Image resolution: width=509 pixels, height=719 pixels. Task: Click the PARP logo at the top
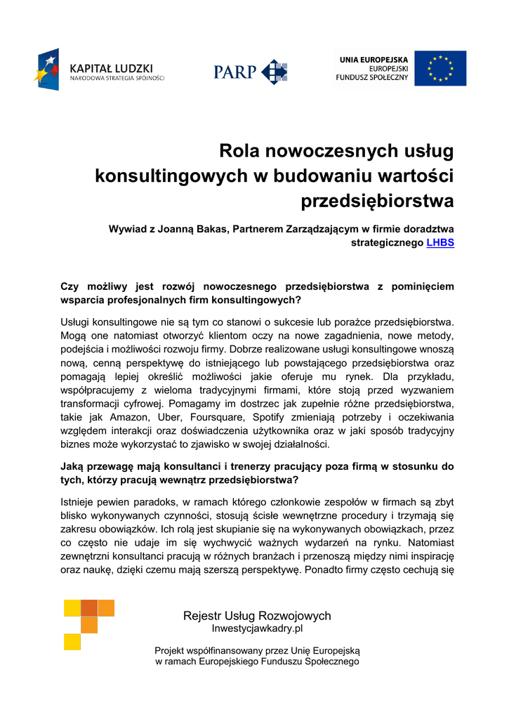pos(250,72)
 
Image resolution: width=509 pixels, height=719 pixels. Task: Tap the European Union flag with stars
pos(439,68)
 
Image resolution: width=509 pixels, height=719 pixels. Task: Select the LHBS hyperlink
pos(440,243)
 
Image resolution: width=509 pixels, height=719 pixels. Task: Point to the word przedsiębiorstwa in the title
pos(377,202)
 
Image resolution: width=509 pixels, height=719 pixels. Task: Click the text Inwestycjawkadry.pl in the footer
pos(257,628)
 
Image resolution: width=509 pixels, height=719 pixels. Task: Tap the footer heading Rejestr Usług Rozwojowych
pos(257,616)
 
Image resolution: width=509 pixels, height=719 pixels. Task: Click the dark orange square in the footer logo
pos(89,608)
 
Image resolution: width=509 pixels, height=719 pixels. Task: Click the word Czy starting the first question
pos(71,286)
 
